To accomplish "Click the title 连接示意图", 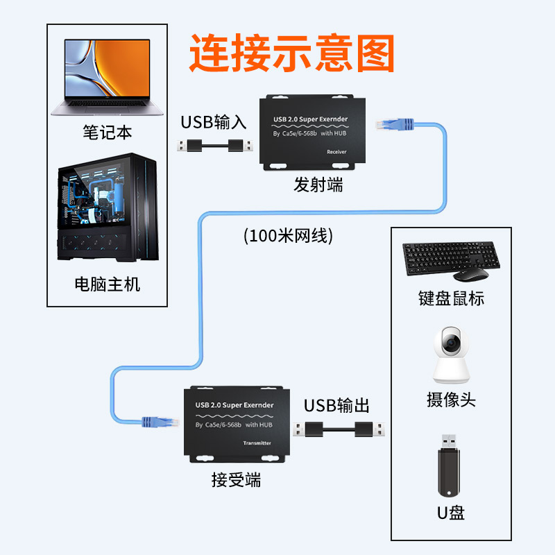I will click(x=291, y=53).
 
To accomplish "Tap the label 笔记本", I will click(x=107, y=132).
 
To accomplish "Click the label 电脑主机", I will click(x=107, y=284).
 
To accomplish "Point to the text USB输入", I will click(x=214, y=123).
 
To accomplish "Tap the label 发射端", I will click(x=318, y=185).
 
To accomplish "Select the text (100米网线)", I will click(x=289, y=236).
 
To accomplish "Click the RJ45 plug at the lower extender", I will click(x=157, y=420).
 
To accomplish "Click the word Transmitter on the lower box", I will click(x=257, y=443).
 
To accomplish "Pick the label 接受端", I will click(x=236, y=479).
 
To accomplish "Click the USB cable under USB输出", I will click(x=336, y=429).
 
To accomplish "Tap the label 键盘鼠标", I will click(x=451, y=298).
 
